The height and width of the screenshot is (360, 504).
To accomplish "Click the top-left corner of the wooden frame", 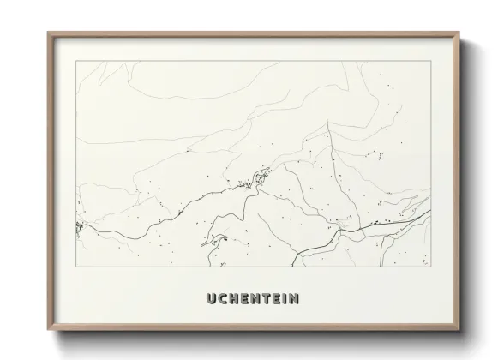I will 48,33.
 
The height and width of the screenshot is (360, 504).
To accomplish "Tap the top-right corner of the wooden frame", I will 459,33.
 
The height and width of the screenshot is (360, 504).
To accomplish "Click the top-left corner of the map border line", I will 77,61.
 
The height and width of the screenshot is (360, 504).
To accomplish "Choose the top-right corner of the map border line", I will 430,61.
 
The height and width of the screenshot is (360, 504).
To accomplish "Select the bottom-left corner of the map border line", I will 77,267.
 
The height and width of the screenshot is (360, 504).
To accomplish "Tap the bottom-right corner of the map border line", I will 430,267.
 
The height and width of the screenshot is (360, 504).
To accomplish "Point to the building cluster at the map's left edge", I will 80,227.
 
